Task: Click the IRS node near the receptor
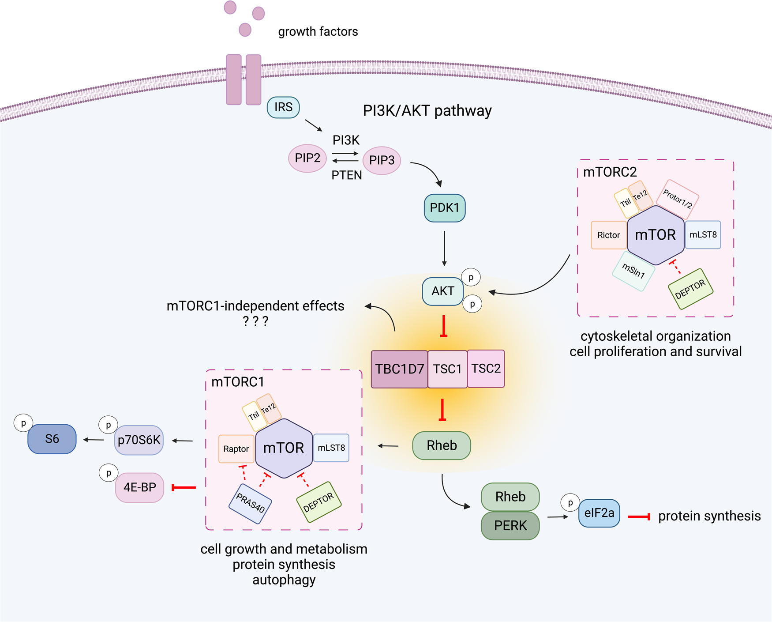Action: [283, 107]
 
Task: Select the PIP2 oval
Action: [307, 158]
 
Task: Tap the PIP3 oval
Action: [382, 160]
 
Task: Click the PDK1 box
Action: [444, 208]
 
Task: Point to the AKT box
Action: [442, 291]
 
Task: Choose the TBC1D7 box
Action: [399, 369]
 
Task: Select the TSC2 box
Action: [486, 369]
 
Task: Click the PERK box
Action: [510, 526]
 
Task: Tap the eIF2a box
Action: [599, 513]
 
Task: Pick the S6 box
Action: [52, 439]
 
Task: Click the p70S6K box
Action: [139, 440]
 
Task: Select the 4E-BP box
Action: [139, 487]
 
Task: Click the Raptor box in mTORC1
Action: [236, 449]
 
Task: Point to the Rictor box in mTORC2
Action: [608, 235]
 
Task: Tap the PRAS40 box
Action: [250, 504]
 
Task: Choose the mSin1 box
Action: [633, 271]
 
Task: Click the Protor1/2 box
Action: [678, 199]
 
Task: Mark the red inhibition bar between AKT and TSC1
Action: [444, 327]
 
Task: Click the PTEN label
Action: [346, 175]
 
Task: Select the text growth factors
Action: [318, 32]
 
